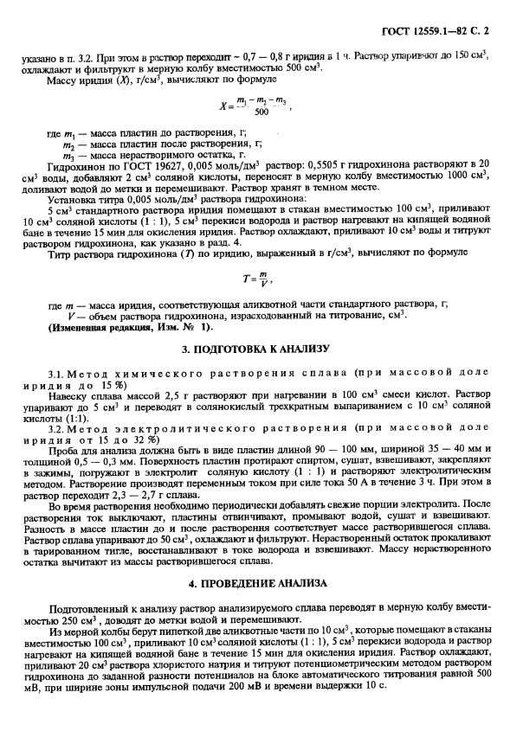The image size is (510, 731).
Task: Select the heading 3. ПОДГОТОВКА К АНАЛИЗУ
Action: click(255, 349)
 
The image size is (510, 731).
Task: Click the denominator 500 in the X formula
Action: click(261, 112)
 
